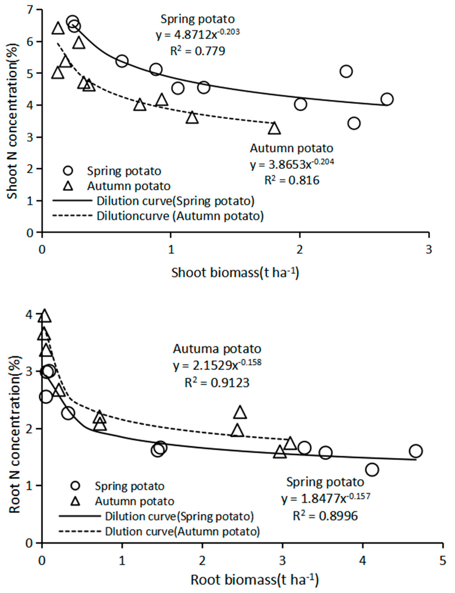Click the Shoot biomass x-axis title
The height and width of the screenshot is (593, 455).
click(235, 273)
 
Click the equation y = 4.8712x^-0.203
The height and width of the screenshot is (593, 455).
click(198, 34)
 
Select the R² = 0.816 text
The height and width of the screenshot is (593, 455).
click(292, 180)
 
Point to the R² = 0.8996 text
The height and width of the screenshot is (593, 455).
click(325, 516)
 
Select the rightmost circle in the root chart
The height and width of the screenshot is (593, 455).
click(416, 451)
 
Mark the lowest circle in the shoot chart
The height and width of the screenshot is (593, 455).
click(354, 123)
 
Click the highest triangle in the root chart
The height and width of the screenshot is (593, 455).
click(45, 316)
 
